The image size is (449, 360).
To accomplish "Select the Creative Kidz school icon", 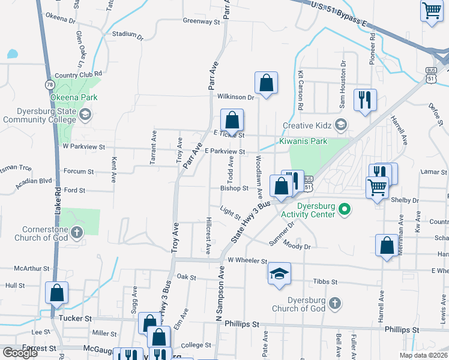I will tap(341, 125).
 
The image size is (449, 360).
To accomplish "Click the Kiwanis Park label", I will tap(303, 142).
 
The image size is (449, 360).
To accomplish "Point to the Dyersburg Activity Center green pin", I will tap(345, 210).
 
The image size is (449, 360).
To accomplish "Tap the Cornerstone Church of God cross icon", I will tap(76, 232).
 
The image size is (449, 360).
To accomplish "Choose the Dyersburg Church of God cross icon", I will tap(335, 304).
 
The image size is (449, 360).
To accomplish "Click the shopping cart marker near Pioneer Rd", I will tap(432, 10).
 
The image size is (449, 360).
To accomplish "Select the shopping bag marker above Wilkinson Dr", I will tap(266, 82).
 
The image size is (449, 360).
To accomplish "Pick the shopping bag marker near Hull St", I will tap(57, 293).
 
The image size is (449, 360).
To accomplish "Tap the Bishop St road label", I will tap(234, 188).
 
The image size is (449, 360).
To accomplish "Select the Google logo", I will tap(20, 353).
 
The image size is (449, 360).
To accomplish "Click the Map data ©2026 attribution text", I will tap(423, 355).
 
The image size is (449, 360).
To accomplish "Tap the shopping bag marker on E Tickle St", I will tap(232, 119).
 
